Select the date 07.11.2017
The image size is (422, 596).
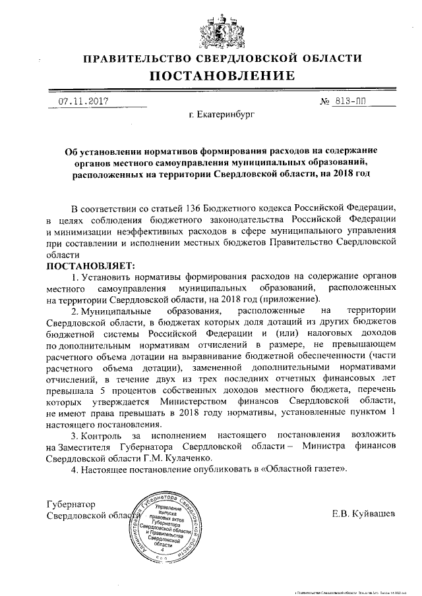pyautogui.click(x=84, y=102)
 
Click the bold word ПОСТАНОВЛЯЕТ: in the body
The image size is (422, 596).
pyautogui.click(x=90, y=266)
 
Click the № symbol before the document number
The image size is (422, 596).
pyautogui.click(x=323, y=102)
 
